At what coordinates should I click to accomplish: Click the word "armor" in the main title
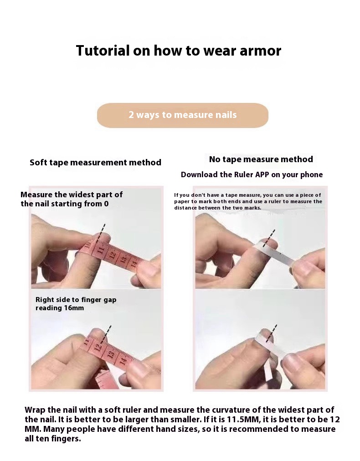click(261, 51)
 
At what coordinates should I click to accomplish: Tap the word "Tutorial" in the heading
click(103, 51)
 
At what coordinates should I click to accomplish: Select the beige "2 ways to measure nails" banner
click(183, 115)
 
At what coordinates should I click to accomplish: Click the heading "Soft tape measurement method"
click(96, 162)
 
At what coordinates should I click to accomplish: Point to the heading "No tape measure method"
click(261, 159)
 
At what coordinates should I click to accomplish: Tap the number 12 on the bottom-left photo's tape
click(99, 346)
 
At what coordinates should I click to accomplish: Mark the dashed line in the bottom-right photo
click(272, 333)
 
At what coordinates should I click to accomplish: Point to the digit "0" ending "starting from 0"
click(106, 204)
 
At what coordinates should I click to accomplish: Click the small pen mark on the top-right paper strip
click(280, 253)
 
